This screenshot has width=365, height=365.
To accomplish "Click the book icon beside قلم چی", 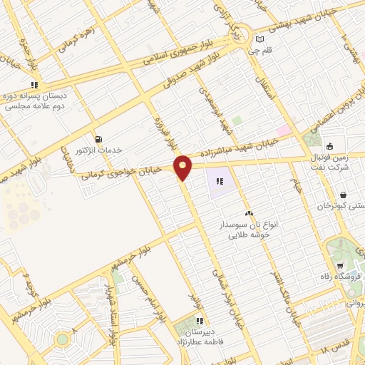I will pos(259,38).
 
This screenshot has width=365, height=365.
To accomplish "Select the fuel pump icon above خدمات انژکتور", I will pos(98,138).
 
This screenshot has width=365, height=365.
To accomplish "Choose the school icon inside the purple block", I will pos(220,182).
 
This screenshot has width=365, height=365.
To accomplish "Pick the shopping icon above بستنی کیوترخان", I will pos(344,194).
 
